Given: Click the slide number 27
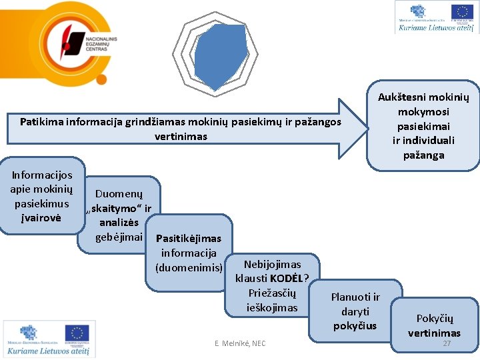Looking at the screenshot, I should point(447,344).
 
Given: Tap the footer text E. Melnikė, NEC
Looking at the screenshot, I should point(240,343).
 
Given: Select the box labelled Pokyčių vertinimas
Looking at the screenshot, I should point(434,325).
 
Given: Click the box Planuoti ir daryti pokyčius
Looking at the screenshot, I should point(355,311).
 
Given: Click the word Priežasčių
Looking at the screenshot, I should point(271,293).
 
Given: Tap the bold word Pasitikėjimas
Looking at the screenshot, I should point(188,239).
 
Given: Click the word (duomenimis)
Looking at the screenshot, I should point(189,268).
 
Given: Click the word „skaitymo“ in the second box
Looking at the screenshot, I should point(119,209).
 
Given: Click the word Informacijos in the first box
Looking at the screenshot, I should point(42,175).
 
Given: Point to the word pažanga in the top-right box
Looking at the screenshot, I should point(423,155).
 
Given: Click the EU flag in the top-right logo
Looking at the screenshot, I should point(461,12).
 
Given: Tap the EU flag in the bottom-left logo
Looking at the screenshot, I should point(77,333).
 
